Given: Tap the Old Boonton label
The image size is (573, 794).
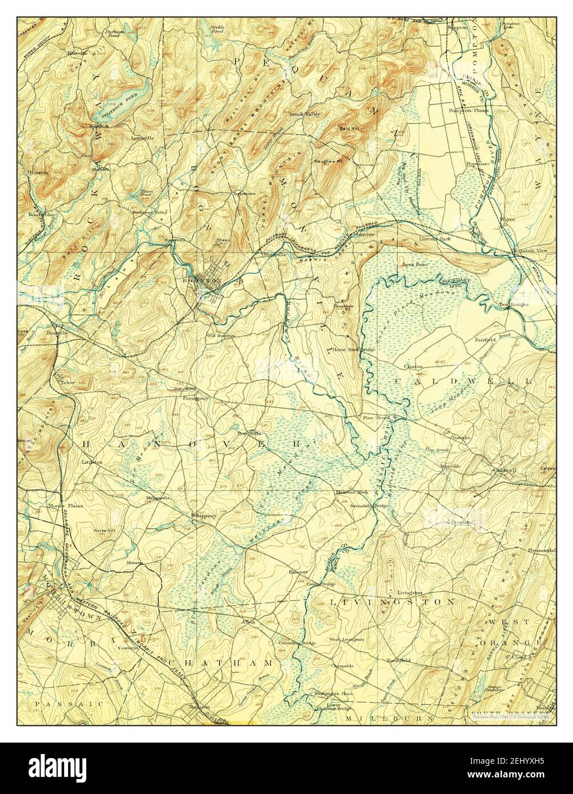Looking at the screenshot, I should click(x=221, y=335).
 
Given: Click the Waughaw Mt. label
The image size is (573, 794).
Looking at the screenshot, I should click(x=327, y=161).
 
